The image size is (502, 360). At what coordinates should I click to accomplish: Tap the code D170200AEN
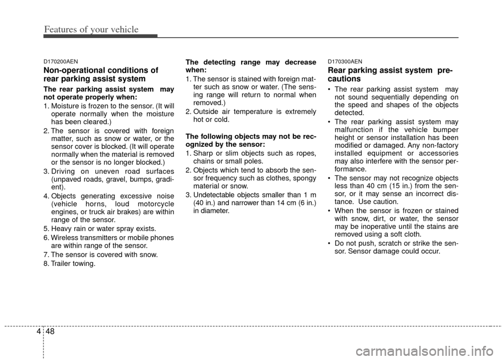pyautogui.click(x=61, y=61)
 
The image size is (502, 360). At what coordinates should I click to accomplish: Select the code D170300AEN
pyautogui.click(x=345, y=61)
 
